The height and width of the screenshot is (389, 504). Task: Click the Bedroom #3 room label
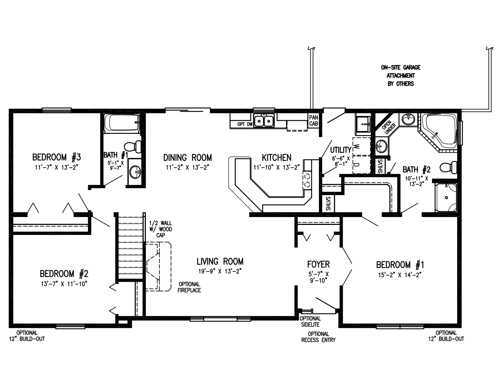coord(57,157)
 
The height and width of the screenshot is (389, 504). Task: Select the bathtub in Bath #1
coord(121,123)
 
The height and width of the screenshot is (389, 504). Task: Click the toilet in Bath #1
coord(133,146)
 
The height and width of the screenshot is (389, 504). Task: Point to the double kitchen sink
coord(264,121)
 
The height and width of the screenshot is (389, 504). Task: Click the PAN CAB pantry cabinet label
coord(313,120)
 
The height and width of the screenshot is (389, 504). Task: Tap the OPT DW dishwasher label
coord(244,125)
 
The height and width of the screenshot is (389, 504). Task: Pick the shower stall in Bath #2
coord(446,197)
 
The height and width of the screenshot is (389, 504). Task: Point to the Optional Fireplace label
coord(189,287)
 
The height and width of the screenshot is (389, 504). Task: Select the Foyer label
coord(318,264)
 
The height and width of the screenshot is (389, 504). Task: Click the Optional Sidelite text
coord(310,321)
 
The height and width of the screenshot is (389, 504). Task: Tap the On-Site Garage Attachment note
coord(400,76)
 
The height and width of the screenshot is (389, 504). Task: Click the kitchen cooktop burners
coord(308,180)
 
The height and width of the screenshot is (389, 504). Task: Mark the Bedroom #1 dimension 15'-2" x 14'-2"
coord(400,275)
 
